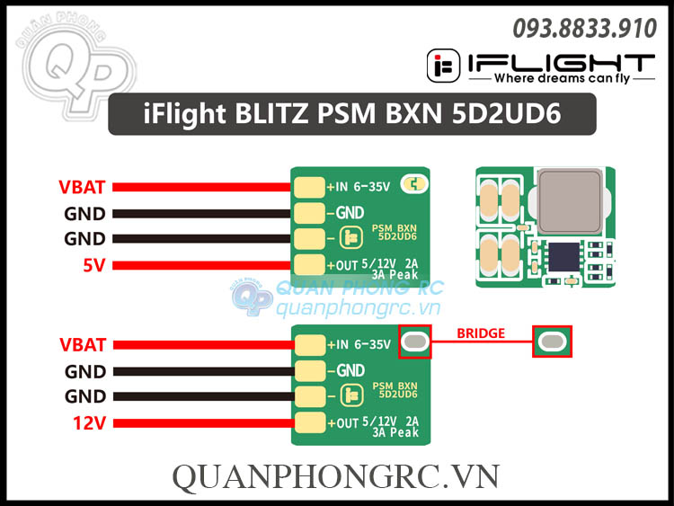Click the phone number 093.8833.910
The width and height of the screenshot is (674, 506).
tap(585, 29)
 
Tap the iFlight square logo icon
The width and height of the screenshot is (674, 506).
tap(441, 66)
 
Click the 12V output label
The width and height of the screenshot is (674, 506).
tap(89, 422)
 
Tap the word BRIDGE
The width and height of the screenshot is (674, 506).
tap(481, 333)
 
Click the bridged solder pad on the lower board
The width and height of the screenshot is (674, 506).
tap(414, 342)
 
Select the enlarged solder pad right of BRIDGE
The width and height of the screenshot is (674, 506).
tap(550, 342)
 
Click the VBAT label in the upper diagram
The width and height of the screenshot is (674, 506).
tap(82, 187)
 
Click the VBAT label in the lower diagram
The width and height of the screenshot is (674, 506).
tap(82, 344)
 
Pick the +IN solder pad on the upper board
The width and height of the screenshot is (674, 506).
tap(310, 187)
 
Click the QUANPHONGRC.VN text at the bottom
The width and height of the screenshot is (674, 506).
tap(335, 476)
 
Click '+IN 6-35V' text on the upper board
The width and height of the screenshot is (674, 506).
tap(359, 187)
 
